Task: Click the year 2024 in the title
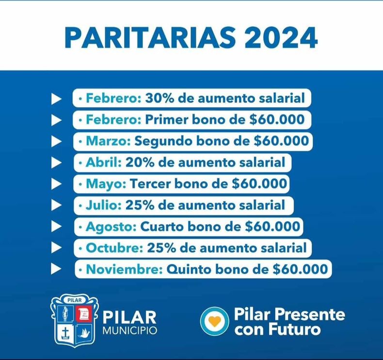click(x=281, y=38)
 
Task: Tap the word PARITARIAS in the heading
click(x=150, y=38)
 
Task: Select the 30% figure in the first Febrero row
click(x=160, y=98)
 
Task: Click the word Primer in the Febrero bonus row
click(x=167, y=120)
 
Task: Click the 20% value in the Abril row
click(x=140, y=163)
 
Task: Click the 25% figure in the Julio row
click(x=140, y=205)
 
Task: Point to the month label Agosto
click(x=111, y=227)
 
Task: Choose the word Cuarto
click(x=162, y=227)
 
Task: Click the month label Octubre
click(x=114, y=248)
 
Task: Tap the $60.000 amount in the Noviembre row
click(x=300, y=269)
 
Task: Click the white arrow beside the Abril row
click(x=56, y=163)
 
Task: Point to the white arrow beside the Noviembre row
click(x=56, y=269)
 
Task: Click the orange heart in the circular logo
click(x=215, y=321)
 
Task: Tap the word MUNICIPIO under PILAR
click(x=130, y=330)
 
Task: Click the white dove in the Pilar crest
click(x=84, y=333)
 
